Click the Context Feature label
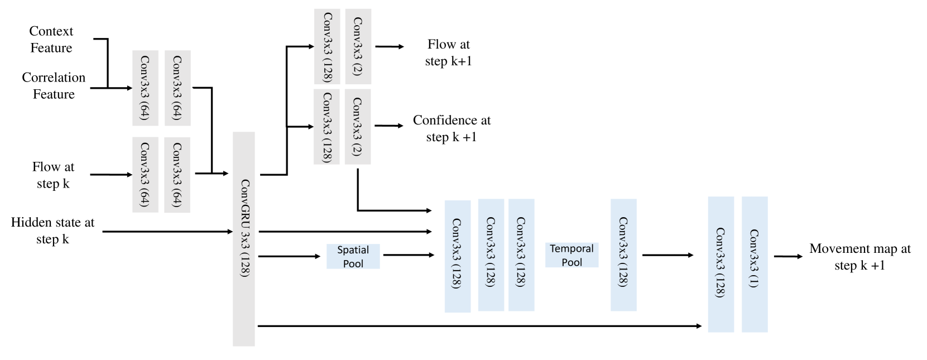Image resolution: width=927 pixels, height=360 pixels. [51, 40]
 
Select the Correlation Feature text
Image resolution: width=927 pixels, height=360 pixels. [54, 85]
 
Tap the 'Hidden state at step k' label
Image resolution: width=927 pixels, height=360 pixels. [52, 231]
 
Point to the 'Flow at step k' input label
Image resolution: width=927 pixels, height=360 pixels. [53, 175]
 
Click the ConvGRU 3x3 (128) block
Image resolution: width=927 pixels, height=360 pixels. [244, 239]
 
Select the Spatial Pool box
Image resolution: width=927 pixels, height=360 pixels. [353, 256]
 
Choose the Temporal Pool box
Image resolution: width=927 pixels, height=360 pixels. [571, 255]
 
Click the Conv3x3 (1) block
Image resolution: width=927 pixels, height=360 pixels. [755, 264]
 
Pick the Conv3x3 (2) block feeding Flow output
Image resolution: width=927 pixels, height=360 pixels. [358, 46]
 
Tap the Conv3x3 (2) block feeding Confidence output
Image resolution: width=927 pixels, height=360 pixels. [358, 127]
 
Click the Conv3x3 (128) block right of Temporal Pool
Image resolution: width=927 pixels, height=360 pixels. [623, 255]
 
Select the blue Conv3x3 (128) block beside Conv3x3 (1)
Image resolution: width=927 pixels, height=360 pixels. [721, 264]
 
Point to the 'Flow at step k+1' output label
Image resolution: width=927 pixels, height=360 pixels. [448, 52]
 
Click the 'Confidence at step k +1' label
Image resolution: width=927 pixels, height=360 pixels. [452, 128]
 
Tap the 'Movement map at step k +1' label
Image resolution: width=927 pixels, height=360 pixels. [859, 257]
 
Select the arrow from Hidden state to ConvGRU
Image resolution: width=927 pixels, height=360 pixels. [167, 231]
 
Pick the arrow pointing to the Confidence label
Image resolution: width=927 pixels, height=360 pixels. [389, 126]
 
